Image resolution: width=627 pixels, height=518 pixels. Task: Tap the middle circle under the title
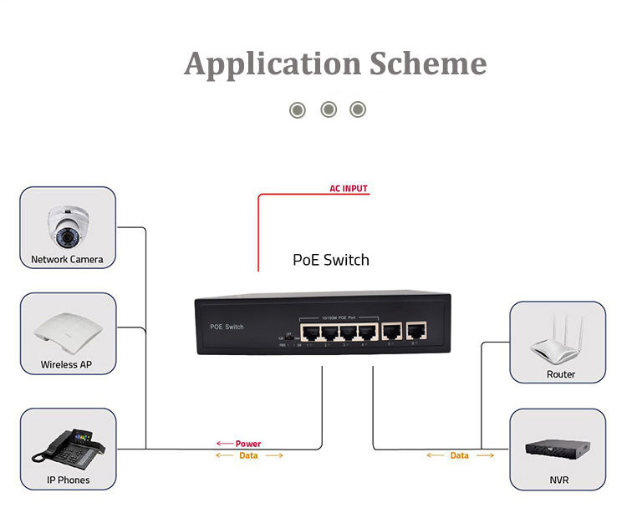[x=329, y=109]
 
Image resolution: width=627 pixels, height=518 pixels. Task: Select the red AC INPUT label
[x=349, y=189]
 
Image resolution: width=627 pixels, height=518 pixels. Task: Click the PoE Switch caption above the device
[x=330, y=260]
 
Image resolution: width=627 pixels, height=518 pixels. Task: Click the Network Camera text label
[x=67, y=259]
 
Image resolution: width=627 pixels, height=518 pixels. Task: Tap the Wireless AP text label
[x=67, y=365]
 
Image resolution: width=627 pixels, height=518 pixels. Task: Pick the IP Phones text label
[x=68, y=480]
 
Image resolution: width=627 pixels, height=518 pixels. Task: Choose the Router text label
[x=561, y=374]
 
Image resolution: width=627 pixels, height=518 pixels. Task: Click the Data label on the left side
[x=248, y=455]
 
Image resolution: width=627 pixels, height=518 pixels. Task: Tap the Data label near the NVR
[x=459, y=455]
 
